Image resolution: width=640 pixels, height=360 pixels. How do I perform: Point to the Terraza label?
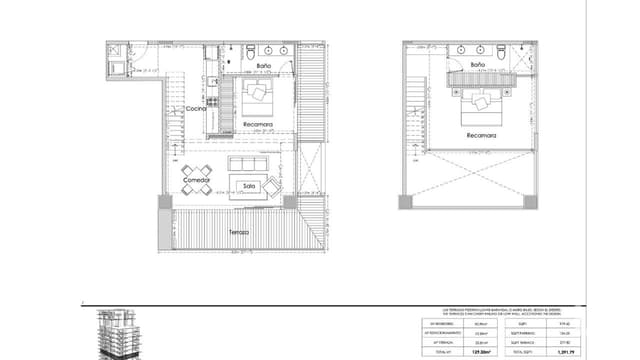click(237, 232)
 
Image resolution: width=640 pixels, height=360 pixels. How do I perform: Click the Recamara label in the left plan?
click(259, 125)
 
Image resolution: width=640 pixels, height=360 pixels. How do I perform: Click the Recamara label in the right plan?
click(480, 133)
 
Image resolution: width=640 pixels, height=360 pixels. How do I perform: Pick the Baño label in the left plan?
click(263, 66)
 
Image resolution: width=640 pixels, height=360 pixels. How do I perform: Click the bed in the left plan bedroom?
click(261, 96)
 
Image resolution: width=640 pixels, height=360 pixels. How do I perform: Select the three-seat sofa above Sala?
click(247, 164)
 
